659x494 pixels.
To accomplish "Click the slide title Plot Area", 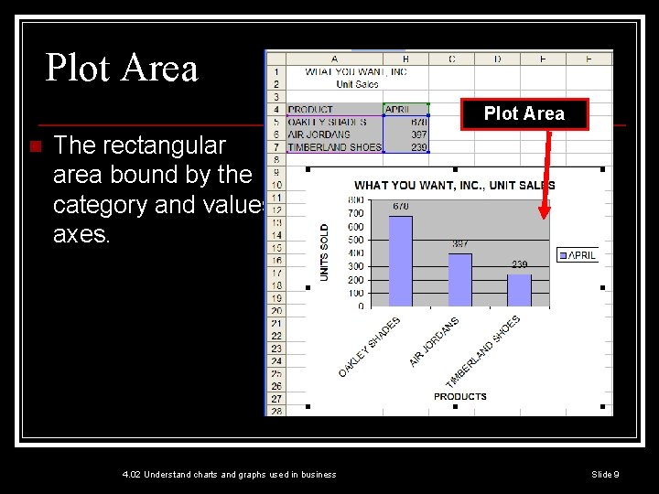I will [x=122, y=69].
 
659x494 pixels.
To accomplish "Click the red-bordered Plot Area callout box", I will [x=524, y=113].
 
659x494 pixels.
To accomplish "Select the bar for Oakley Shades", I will [x=401, y=261].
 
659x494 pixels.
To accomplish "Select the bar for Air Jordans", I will [x=459, y=280].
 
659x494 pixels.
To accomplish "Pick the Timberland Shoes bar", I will [x=519, y=290].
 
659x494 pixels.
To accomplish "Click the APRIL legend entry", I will [x=578, y=255].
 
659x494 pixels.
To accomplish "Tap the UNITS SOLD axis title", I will [x=324, y=252].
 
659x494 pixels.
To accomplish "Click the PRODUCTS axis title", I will [x=459, y=396].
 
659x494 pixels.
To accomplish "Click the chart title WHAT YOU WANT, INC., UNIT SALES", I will [x=454, y=186].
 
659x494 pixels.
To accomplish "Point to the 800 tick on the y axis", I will [x=356, y=199].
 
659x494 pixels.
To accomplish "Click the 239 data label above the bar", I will [x=519, y=264].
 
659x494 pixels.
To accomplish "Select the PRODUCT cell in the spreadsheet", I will [x=310, y=110].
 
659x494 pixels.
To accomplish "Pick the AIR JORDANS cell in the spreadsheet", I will [x=319, y=134].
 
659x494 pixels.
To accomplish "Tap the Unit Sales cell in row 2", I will [x=357, y=84].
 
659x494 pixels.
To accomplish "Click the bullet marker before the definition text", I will [x=33, y=146].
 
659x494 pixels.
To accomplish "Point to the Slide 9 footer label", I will [x=605, y=474].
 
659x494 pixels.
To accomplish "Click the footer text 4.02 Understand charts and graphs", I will [x=229, y=474].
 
